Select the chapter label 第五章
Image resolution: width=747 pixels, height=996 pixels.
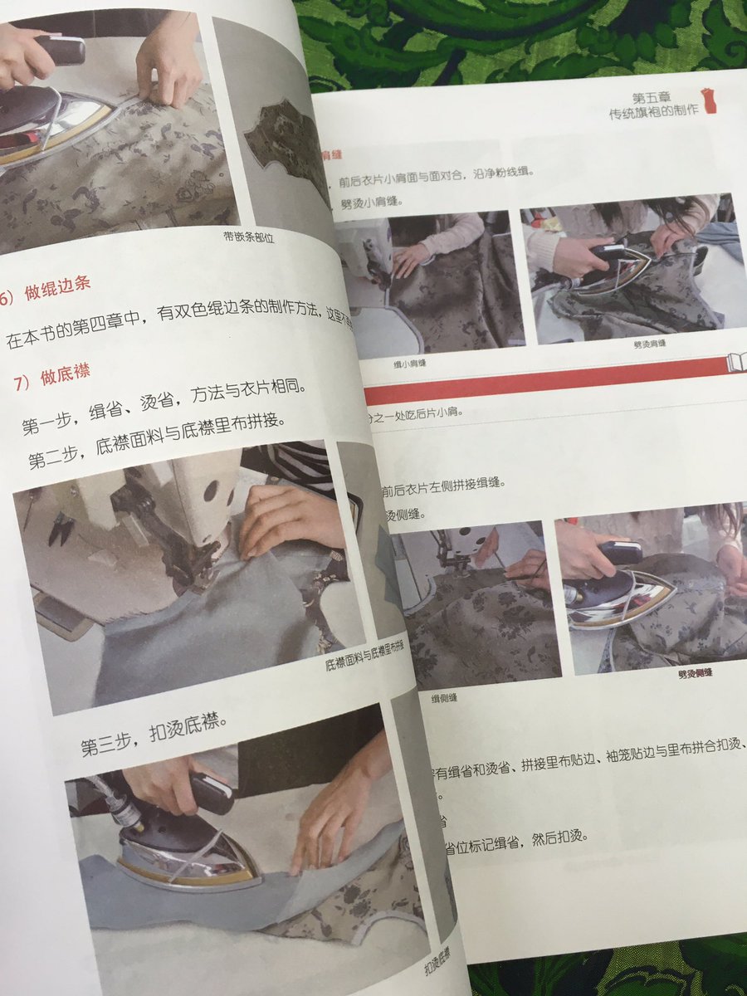click(662, 98)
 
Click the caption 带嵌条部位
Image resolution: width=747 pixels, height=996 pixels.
click(250, 237)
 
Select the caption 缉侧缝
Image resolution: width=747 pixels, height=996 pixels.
click(444, 697)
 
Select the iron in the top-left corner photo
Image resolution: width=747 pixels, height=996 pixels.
click(50, 116)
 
